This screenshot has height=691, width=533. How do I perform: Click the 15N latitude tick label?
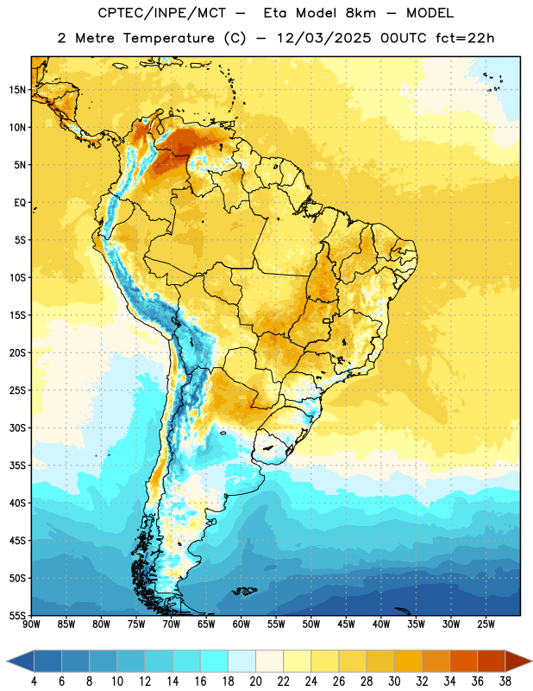[17, 90]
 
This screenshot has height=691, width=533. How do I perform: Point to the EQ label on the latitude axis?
[20, 203]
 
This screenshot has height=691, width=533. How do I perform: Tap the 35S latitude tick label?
[17, 466]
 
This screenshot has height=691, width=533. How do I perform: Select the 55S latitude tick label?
[17, 615]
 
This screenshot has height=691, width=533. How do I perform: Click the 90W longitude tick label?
[31, 624]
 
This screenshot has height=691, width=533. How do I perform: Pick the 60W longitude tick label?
[241, 624]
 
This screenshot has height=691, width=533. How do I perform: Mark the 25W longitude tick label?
[486, 624]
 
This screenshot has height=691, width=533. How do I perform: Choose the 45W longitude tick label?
[346, 624]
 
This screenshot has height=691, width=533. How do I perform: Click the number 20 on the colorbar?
[255, 681]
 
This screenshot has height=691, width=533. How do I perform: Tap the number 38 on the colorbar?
[505, 681]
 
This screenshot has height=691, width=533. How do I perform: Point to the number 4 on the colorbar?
[34, 681]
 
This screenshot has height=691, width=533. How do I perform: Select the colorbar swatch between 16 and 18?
[215, 661]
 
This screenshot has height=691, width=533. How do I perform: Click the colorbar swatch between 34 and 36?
[463, 661]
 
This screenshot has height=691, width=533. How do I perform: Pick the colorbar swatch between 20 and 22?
[269, 661]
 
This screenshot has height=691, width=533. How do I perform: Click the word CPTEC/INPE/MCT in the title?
[162, 13]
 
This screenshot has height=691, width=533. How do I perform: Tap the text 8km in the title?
[361, 13]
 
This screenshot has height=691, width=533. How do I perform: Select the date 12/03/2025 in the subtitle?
[324, 38]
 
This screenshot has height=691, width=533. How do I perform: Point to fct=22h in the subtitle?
[465, 38]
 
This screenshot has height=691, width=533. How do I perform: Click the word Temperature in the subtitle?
[169, 38]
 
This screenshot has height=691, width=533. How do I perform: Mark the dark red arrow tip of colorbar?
[530, 661]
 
